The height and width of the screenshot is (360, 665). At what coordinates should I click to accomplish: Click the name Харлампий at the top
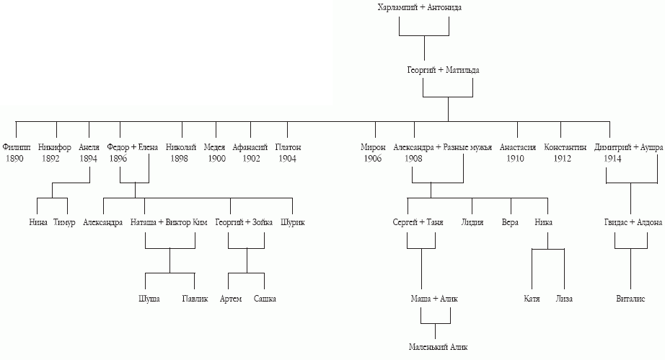pyautogui.click(x=397, y=7)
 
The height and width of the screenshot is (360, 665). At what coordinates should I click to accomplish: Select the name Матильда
pyautogui.click(x=462, y=70)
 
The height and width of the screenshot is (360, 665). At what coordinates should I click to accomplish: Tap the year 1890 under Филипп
pyautogui.click(x=14, y=159)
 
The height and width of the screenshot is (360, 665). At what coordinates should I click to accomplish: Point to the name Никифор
pyautogui.click(x=54, y=148)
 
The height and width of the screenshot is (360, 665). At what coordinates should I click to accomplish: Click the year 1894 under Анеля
pyautogui.click(x=88, y=159)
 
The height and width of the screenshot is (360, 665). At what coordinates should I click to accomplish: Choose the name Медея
pyautogui.click(x=214, y=148)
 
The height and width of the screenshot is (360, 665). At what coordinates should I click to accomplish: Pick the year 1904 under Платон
pyautogui.click(x=287, y=159)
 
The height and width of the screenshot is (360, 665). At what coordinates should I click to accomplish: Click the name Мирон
pyautogui.click(x=373, y=148)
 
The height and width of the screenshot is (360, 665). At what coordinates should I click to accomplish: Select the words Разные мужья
pyautogui.click(x=467, y=148)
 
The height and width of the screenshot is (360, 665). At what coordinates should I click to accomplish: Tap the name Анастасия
pyautogui.click(x=517, y=148)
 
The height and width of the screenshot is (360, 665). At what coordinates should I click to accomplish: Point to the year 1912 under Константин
pyautogui.click(x=562, y=159)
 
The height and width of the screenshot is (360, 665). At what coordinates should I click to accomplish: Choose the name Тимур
pyautogui.click(x=64, y=223)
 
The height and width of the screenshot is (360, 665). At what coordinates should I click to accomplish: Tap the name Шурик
pyautogui.click(x=293, y=223)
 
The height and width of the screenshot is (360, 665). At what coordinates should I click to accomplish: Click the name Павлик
pyautogui.click(x=195, y=299)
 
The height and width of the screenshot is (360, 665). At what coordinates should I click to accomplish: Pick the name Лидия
pyautogui.click(x=472, y=223)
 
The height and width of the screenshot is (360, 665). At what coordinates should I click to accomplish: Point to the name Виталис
pyautogui.click(x=630, y=299)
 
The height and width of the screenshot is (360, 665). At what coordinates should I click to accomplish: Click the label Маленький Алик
pyautogui.click(x=438, y=347)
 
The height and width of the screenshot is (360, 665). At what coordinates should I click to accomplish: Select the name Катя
pyautogui.click(x=532, y=299)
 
